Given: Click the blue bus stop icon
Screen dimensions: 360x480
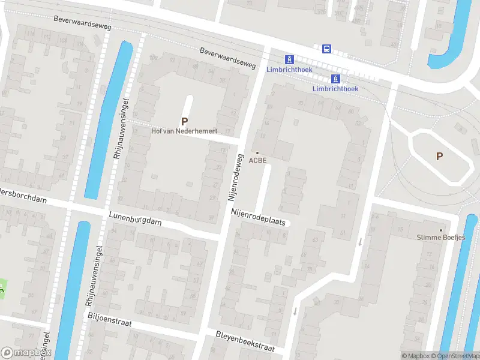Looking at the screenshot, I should coord(326,49).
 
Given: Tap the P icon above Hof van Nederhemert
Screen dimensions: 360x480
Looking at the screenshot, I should coord(185,121).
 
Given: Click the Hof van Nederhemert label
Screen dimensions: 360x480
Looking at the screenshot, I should coord(184,131).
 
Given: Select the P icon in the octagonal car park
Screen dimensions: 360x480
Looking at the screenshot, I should coord(439,156).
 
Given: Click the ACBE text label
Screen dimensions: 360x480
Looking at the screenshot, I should coord(257,160).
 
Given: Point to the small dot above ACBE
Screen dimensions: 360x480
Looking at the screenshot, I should coord(257,153).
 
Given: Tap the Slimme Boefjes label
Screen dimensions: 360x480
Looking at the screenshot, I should coord(441,237).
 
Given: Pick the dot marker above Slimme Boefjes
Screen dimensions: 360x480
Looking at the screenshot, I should coord(441,230).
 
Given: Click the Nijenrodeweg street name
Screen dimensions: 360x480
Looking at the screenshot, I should coord(235,176).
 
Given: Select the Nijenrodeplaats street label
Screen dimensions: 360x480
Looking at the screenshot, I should coord(260,217).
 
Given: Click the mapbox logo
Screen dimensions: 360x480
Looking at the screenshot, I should coord(26,353).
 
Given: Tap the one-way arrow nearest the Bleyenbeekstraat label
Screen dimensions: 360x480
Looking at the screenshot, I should coord(295,311).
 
